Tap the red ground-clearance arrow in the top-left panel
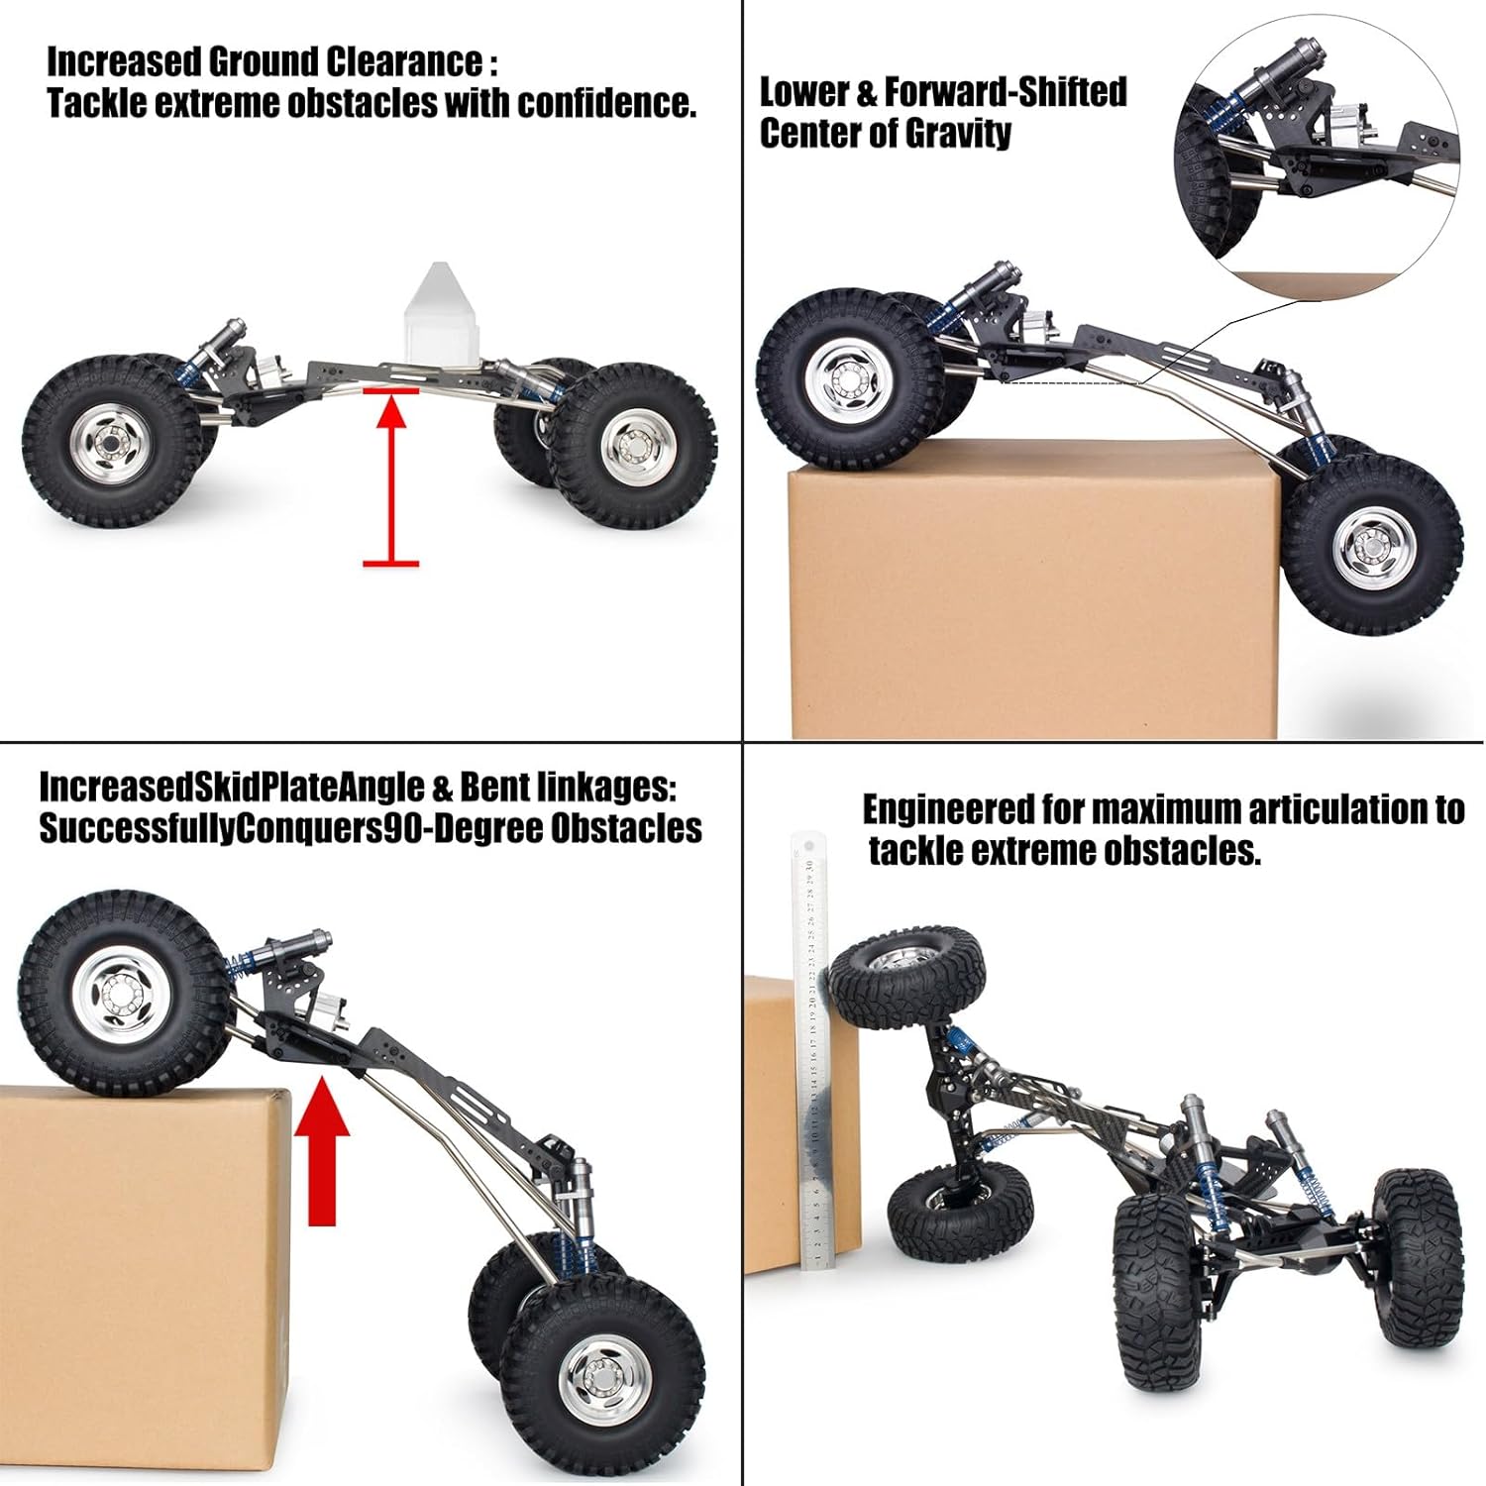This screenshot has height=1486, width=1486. pos(391,476)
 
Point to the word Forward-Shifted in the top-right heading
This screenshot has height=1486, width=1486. pos(1005,91)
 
